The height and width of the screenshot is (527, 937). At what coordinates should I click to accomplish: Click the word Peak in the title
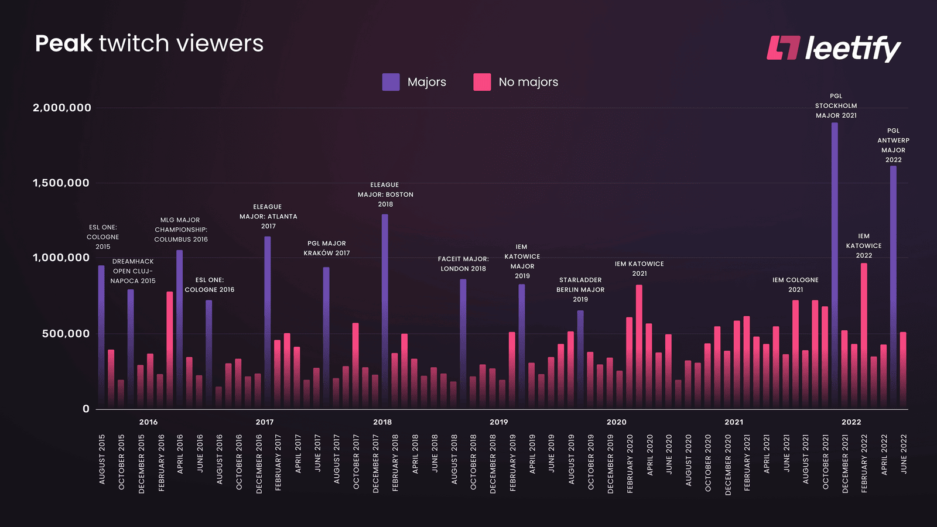[x=63, y=44]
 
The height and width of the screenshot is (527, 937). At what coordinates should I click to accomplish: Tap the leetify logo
[x=834, y=48]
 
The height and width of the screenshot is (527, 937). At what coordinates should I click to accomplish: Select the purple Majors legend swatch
[x=391, y=82]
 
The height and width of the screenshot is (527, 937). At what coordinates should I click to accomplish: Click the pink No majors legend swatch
[x=482, y=82]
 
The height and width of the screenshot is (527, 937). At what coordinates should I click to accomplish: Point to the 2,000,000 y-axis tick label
[x=62, y=108]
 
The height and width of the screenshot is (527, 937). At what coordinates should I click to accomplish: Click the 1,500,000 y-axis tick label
[x=61, y=183]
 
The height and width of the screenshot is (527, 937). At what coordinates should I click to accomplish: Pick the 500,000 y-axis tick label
[x=66, y=334]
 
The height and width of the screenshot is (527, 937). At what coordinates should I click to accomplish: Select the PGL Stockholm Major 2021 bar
[x=835, y=263]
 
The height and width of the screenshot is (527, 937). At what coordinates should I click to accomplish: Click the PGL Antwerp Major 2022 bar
[x=893, y=287]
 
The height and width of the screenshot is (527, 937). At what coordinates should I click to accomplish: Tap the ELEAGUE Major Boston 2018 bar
[x=385, y=310]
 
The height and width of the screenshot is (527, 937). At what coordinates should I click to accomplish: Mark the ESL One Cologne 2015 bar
[x=101, y=337]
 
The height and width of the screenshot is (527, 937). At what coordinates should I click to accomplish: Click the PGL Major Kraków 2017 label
[x=327, y=248]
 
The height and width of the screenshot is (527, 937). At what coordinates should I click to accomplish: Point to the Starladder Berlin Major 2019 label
[x=580, y=290]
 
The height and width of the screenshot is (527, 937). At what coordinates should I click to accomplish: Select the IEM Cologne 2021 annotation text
[x=795, y=285]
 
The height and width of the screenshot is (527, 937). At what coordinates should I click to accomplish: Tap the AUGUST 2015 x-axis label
[x=102, y=459]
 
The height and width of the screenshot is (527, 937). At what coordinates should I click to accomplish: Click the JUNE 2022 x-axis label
[x=904, y=454]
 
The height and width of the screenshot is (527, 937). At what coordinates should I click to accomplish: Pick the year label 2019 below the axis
[x=499, y=422]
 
